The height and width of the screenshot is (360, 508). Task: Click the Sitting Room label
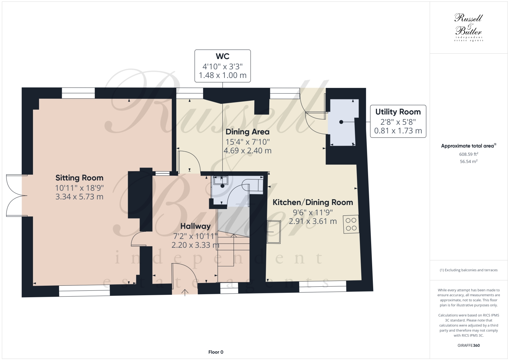coord(79,177)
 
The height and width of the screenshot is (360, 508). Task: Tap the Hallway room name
coord(195,226)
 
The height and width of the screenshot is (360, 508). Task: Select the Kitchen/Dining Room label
coord(313,202)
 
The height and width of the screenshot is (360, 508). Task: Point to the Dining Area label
coord(247,132)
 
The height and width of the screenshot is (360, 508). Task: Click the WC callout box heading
coord(222,56)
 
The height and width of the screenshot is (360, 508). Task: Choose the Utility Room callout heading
coord(398,112)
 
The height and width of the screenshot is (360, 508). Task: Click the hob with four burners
coord(351,224)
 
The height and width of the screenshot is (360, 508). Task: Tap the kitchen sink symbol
coord(274,232)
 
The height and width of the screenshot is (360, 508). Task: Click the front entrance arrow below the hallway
coord(185,292)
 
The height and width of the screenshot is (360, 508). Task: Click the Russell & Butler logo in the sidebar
coord(468,28)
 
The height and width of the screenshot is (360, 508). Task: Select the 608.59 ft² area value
coord(468,154)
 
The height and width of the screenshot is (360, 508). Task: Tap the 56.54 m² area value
coord(468,162)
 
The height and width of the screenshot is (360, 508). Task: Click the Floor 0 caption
coord(216,352)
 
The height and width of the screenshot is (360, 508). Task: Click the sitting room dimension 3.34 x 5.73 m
coord(79,197)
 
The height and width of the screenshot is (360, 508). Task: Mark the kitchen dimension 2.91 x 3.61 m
coord(313,221)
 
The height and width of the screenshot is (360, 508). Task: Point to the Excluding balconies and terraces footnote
coord(468,270)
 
